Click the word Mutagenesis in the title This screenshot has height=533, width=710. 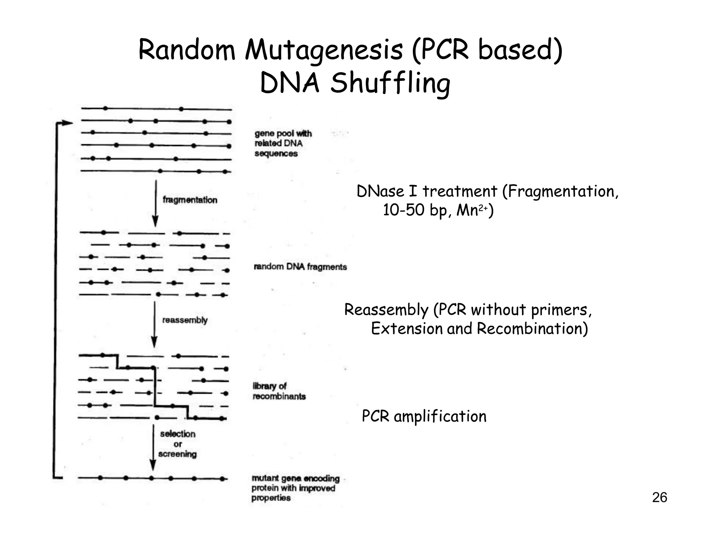point(324,51)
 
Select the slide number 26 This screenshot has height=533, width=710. point(659,498)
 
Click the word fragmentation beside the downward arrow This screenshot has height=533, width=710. point(190,200)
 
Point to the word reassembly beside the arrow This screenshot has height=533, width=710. point(185,320)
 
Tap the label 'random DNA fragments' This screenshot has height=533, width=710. point(300,267)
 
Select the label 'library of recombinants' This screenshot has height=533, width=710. point(279,391)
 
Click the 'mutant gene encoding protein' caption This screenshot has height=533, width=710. point(295,488)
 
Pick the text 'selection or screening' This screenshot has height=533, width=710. point(177,444)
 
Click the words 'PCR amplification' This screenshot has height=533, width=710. point(424,416)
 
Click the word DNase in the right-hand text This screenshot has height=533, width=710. point(380,192)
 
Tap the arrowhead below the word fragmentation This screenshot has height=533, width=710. point(156,221)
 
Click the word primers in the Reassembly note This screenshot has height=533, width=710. point(561,310)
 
